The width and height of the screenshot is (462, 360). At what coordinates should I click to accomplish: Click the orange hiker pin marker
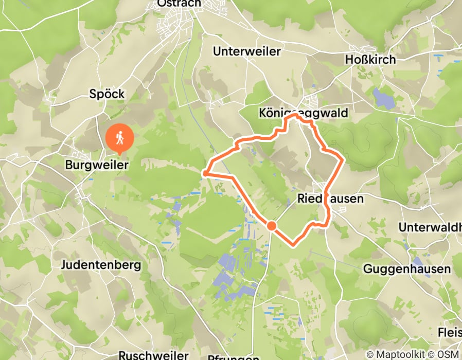coord(120,138)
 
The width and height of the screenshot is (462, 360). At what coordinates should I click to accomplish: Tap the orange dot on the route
coord(272,225)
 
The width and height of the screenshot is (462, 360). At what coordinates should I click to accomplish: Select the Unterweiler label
coord(247,51)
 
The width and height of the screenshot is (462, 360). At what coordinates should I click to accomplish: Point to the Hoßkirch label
coord(370,60)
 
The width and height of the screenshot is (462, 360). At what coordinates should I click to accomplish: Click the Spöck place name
coord(108,94)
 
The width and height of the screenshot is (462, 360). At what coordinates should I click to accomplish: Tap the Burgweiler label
coord(96,165)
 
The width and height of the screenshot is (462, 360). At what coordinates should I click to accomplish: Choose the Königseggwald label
coord(303,113)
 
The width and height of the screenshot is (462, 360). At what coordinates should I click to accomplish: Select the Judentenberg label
coord(101,265)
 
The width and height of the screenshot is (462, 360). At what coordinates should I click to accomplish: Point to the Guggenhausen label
coord(407,268)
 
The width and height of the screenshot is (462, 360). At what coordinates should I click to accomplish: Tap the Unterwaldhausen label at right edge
coord(430,227)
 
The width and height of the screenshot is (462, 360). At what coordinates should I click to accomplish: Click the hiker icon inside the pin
coord(120,137)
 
